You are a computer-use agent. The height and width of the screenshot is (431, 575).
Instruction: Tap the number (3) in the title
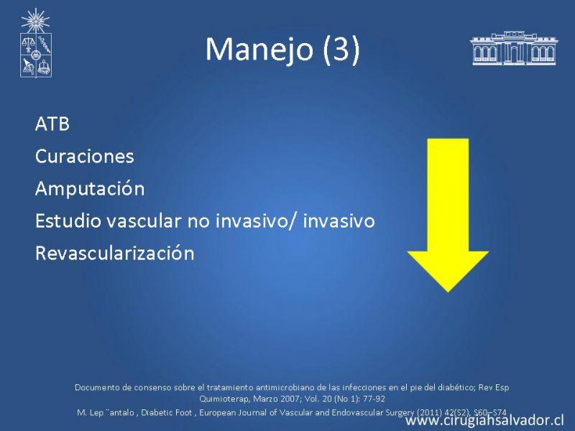tap(341, 50)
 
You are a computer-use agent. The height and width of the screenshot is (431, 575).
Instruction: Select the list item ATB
tap(52, 124)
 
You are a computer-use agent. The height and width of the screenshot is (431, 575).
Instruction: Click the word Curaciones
tap(84, 156)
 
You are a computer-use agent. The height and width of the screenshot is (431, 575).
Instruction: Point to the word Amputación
tap(90, 189)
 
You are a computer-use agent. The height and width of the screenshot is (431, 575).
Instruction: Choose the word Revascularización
tap(115, 254)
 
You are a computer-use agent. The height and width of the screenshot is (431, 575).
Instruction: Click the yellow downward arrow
tap(448, 215)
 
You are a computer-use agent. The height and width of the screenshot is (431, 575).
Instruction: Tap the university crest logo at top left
tap(35, 42)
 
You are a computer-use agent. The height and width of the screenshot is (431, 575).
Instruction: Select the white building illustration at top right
tap(514, 48)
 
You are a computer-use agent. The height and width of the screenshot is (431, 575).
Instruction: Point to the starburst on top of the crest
tap(35, 20)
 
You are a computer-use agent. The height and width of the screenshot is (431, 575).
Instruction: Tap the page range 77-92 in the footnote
tap(374, 399)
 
